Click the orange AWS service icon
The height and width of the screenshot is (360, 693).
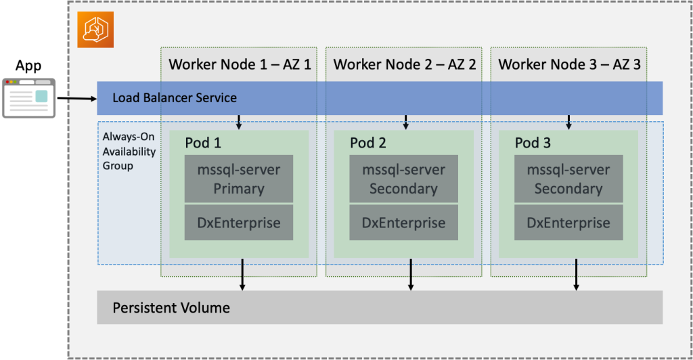[95, 30]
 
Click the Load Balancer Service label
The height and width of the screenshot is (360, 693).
[175, 98]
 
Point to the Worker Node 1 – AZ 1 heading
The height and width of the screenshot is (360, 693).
[240, 64]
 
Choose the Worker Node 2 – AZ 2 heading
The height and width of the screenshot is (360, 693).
[404, 64]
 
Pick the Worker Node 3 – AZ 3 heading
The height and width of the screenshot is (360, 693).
[569, 64]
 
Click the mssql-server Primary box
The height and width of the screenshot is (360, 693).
[239, 179]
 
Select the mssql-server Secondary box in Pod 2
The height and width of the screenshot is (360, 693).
[403, 179]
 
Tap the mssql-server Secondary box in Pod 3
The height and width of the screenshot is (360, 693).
[568, 179]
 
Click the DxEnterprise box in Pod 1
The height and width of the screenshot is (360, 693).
[239, 223]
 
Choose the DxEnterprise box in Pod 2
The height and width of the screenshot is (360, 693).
[403, 223]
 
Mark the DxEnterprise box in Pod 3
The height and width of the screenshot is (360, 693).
[568, 223]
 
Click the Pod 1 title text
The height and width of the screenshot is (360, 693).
[203, 143]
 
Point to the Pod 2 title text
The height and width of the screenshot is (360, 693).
[367, 143]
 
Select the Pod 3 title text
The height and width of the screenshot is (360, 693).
[533, 143]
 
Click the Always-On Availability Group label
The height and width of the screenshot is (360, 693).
[129, 151]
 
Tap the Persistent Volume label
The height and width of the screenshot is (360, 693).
[171, 308]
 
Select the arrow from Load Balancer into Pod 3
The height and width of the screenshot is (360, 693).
[568, 122]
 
